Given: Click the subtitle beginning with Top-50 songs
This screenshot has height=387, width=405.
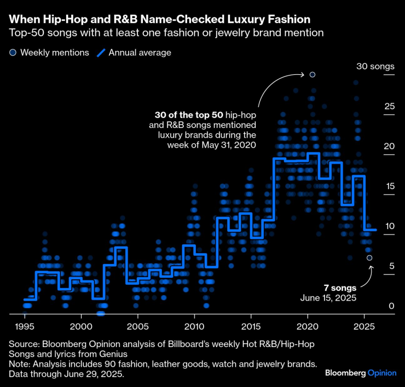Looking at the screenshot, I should click(x=166, y=33).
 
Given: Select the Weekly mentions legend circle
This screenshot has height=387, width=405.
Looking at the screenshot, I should click(x=13, y=53).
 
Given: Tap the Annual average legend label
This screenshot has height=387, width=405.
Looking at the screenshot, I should click(x=140, y=53).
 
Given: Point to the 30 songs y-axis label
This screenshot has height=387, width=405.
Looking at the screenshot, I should click(x=375, y=67).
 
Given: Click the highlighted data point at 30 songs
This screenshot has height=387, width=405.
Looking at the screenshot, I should click(x=312, y=74).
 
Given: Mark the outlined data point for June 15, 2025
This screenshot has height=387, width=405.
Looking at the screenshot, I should click(x=369, y=257).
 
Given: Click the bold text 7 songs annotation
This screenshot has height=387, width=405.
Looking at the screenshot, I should click(x=339, y=288).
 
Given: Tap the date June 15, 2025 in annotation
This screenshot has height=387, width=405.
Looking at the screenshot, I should click(x=328, y=298).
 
